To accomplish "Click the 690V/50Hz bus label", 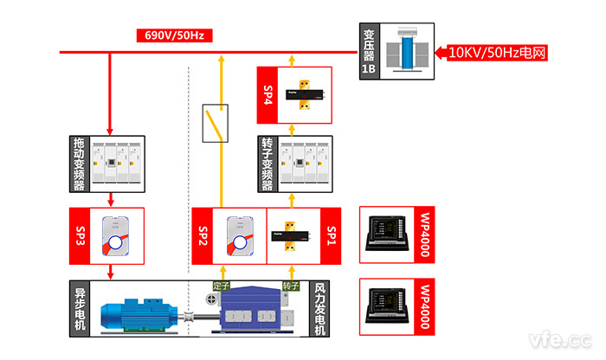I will [x=174, y=36].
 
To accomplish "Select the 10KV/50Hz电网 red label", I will [x=499, y=52].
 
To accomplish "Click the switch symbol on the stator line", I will [x=213, y=124].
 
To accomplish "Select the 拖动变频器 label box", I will [x=79, y=164].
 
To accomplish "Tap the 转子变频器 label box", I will [x=268, y=164].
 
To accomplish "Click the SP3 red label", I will [x=79, y=235].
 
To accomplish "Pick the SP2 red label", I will [x=203, y=235].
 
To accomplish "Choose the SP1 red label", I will [x=332, y=235].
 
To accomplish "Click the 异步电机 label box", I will [x=79, y=307].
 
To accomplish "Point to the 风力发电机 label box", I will [x=319, y=307].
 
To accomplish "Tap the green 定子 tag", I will [x=221, y=286].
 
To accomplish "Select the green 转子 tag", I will [x=291, y=286].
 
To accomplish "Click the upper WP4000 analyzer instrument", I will [x=394, y=235].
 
